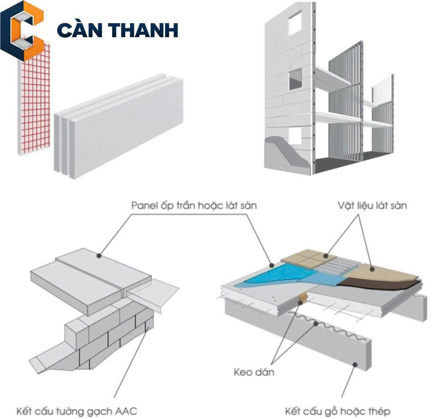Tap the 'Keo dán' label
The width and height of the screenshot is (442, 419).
pyautogui.click(x=254, y=372)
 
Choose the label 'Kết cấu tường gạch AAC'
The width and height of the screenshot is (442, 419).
pyautogui.click(x=77, y=410)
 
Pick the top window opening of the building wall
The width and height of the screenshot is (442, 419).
pyautogui.click(x=295, y=22)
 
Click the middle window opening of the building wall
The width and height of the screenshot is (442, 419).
pyautogui.click(x=295, y=79)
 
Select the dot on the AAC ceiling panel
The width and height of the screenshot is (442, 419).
pyautogui.click(x=98, y=256)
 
